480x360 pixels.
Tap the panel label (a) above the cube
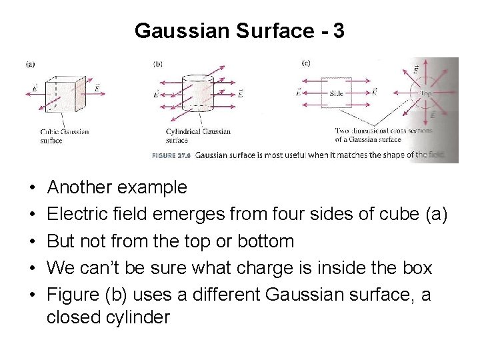[x=30, y=64]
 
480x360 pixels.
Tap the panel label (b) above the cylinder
[x=158, y=64]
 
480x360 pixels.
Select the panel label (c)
[x=306, y=63]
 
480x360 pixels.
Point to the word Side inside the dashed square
[x=337, y=94]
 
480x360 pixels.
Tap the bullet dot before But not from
[x=33, y=241]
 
